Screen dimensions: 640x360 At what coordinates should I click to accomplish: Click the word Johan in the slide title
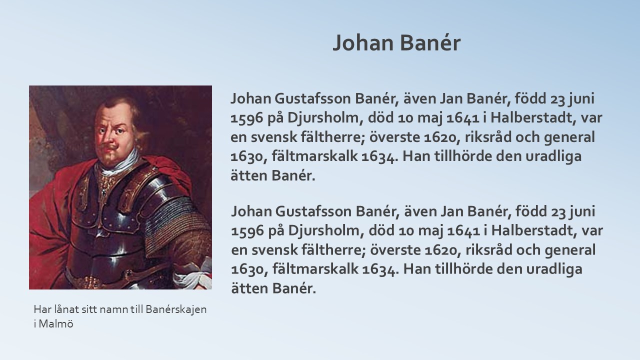click(363, 43)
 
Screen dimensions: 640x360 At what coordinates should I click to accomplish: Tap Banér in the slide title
click(430, 42)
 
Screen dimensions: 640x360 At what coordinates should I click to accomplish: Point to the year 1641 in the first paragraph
click(462, 117)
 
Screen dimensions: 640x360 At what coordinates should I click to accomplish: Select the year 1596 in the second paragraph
click(247, 231)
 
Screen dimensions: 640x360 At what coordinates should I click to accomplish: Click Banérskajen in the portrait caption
click(176, 309)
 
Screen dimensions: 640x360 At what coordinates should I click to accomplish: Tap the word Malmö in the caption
click(56, 324)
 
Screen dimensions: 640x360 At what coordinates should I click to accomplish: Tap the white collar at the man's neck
click(117, 163)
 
